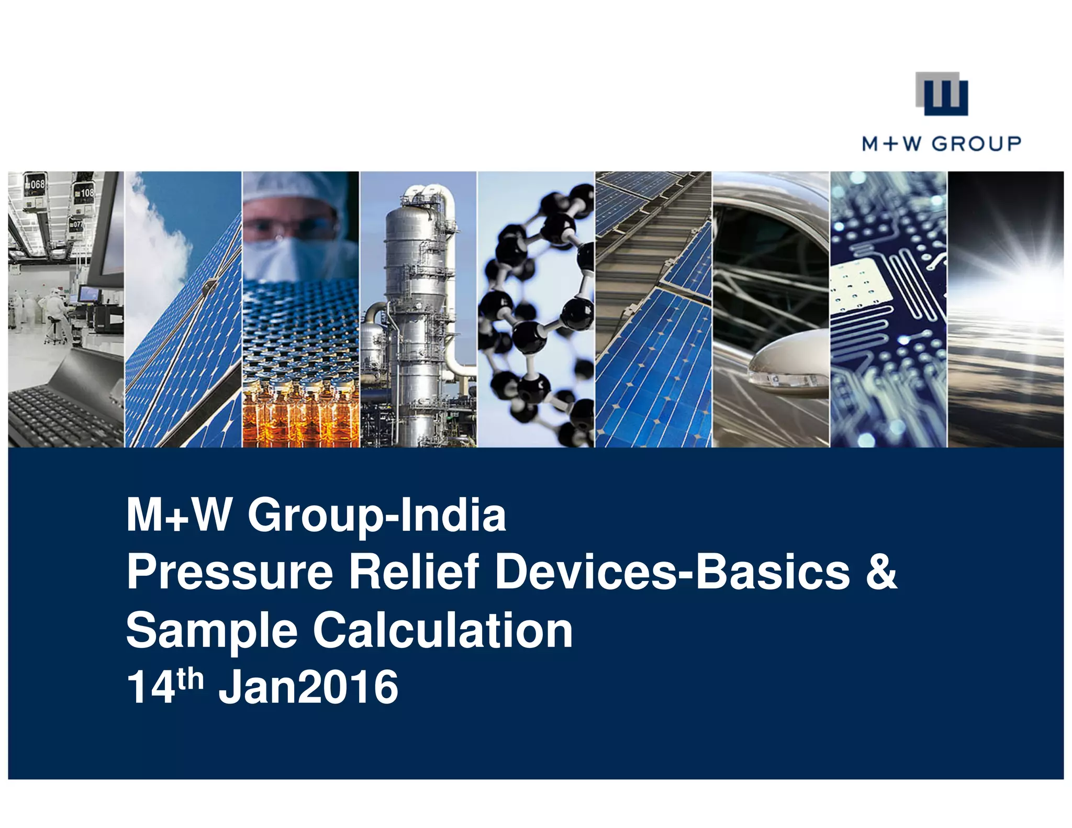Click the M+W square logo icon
[x=941, y=94]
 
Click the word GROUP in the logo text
[x=976, y=143]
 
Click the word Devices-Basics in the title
[x=673, y=572]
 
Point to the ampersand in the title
[x=881, y=572]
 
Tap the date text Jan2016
[x=308, y=687]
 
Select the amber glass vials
[x=301, y=413]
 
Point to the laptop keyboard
[x=58, y=413]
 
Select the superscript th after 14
[x=189, y=679]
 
